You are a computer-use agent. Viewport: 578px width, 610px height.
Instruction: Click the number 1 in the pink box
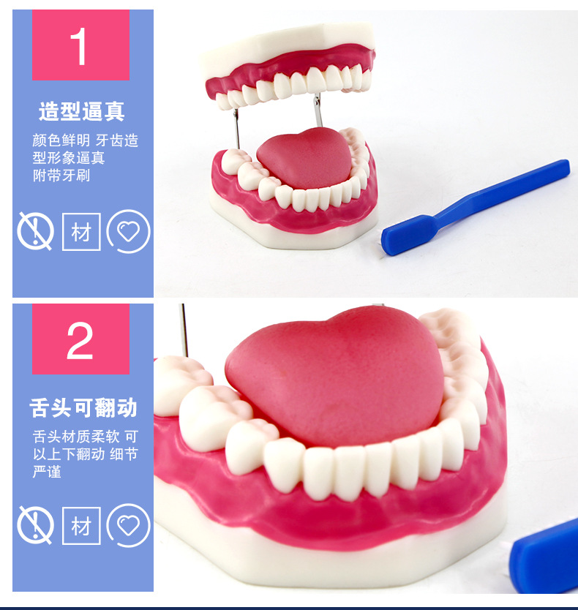click(80, 45)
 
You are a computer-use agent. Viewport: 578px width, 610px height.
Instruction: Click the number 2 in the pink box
click(80, 339)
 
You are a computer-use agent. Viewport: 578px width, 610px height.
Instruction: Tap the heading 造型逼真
click(82, 112)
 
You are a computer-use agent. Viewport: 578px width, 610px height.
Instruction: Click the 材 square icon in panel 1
click(81, 232)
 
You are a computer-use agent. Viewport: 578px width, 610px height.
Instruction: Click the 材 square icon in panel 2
click(81, 525)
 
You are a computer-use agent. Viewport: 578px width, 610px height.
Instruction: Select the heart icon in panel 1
click(128, 232)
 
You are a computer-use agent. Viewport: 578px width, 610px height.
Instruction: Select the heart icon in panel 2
click(128, 525)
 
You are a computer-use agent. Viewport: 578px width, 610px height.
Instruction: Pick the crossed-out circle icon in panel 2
click(35, 525)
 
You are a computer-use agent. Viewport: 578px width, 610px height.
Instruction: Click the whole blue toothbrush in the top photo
click(476, 206)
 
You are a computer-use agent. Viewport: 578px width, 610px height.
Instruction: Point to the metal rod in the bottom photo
click(184, 329)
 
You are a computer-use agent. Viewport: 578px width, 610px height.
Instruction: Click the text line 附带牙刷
click(61, 176)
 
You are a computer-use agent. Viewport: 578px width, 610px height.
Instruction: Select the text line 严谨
click(47, 472)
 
